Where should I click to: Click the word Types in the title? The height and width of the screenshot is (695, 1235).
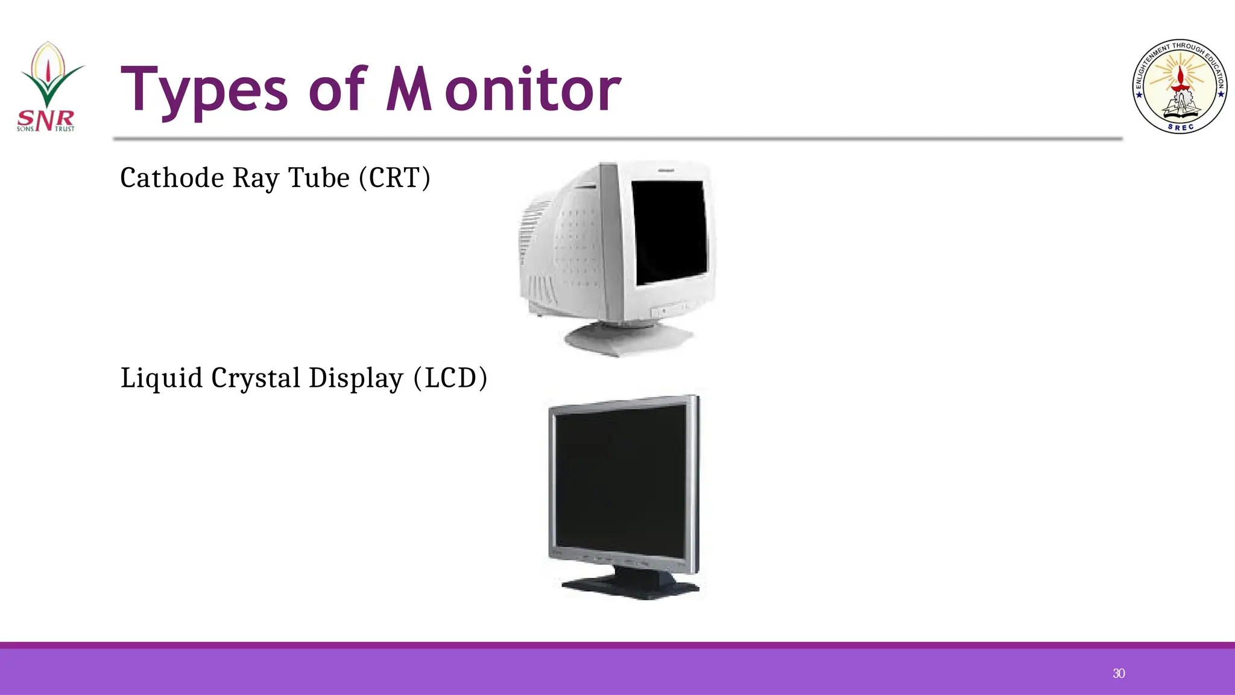(204, 90)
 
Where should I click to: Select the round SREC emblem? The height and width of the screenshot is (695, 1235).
(1180, 87)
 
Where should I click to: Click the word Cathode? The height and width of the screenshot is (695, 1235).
(172, 178)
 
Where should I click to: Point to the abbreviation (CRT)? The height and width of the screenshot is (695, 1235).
(394, 178)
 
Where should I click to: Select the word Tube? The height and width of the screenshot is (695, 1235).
(319, 178)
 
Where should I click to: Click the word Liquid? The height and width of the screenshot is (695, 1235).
(161, 378)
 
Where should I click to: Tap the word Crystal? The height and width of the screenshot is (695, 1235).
(256, 378)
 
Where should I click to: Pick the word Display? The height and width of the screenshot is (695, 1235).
(356, 378)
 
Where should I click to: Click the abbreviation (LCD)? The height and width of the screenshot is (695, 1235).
(450, 378)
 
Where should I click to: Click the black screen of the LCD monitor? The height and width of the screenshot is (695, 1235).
(621, 480)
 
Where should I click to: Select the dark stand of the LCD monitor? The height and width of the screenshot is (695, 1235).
(630, 583)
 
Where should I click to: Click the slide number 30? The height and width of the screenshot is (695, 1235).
(1119, 673)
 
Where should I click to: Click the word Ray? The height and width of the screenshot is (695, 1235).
(256, 178)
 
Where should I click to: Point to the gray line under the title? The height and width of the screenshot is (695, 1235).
(617, 139)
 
